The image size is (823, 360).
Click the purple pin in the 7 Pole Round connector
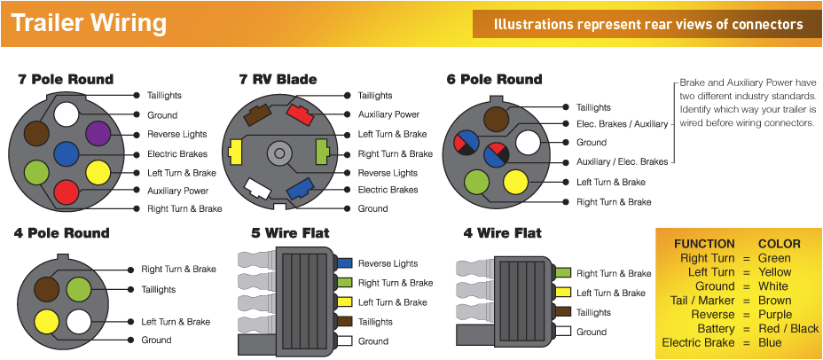98,134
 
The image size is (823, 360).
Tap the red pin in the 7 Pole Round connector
66,190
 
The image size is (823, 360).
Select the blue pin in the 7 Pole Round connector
66,153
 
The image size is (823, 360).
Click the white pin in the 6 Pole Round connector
528,142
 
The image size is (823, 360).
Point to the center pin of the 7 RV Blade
278,153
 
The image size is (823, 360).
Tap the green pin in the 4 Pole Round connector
79,288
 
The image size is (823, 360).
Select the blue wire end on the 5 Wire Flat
344,263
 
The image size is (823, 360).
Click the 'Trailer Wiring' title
89,22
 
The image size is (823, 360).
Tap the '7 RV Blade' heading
278,80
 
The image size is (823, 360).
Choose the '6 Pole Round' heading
494,80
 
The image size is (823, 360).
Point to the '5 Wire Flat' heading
290,233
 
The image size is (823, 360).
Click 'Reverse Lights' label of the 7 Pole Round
177,135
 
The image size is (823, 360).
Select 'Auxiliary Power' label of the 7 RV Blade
388,114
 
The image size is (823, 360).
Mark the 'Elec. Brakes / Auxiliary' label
622,124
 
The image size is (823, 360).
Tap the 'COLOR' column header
779,244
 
